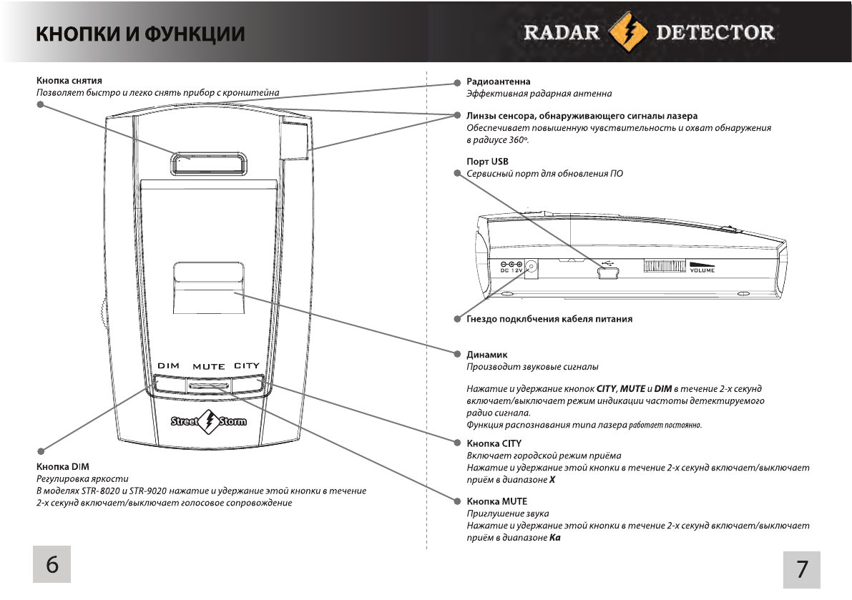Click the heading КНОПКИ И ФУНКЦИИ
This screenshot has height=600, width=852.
141,34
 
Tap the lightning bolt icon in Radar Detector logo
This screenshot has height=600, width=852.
627,32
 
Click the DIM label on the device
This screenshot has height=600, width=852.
168,366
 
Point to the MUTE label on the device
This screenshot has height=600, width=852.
209,367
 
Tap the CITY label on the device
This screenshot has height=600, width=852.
247,366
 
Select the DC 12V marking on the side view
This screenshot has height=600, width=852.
511,268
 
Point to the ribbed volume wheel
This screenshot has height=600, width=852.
665,267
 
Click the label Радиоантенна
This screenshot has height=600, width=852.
498,82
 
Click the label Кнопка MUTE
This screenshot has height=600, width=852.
496,501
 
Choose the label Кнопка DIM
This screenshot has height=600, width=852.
62,466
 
